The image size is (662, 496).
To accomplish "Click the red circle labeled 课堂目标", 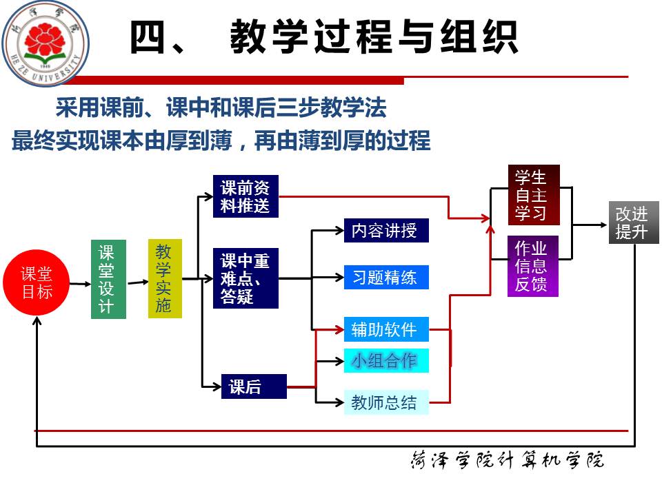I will (37, 282).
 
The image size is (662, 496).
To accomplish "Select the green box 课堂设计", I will (108, 279).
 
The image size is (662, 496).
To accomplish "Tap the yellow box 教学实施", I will (165, 278).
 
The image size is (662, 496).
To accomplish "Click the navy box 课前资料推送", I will (245, 196).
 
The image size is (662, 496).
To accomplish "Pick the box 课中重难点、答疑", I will (245, 278).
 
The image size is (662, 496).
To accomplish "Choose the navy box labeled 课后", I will (253, 386).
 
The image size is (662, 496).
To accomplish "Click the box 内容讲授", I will (385, 230).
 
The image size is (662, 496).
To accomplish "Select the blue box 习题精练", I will (385, 277).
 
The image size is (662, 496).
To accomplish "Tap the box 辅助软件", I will (385, 329).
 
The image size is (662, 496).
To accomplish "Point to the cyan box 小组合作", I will (385, 360).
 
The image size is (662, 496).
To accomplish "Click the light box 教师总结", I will (385, 402).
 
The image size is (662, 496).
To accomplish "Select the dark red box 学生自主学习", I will (533, 195).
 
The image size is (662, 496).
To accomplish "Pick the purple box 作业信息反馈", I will (532, 266).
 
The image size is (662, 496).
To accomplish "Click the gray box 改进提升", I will (633, 223).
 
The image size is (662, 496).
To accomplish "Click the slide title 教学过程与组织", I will (323, 38).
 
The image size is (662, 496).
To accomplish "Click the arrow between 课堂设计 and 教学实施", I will (137, 280).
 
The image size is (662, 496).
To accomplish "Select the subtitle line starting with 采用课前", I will (221, 108).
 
